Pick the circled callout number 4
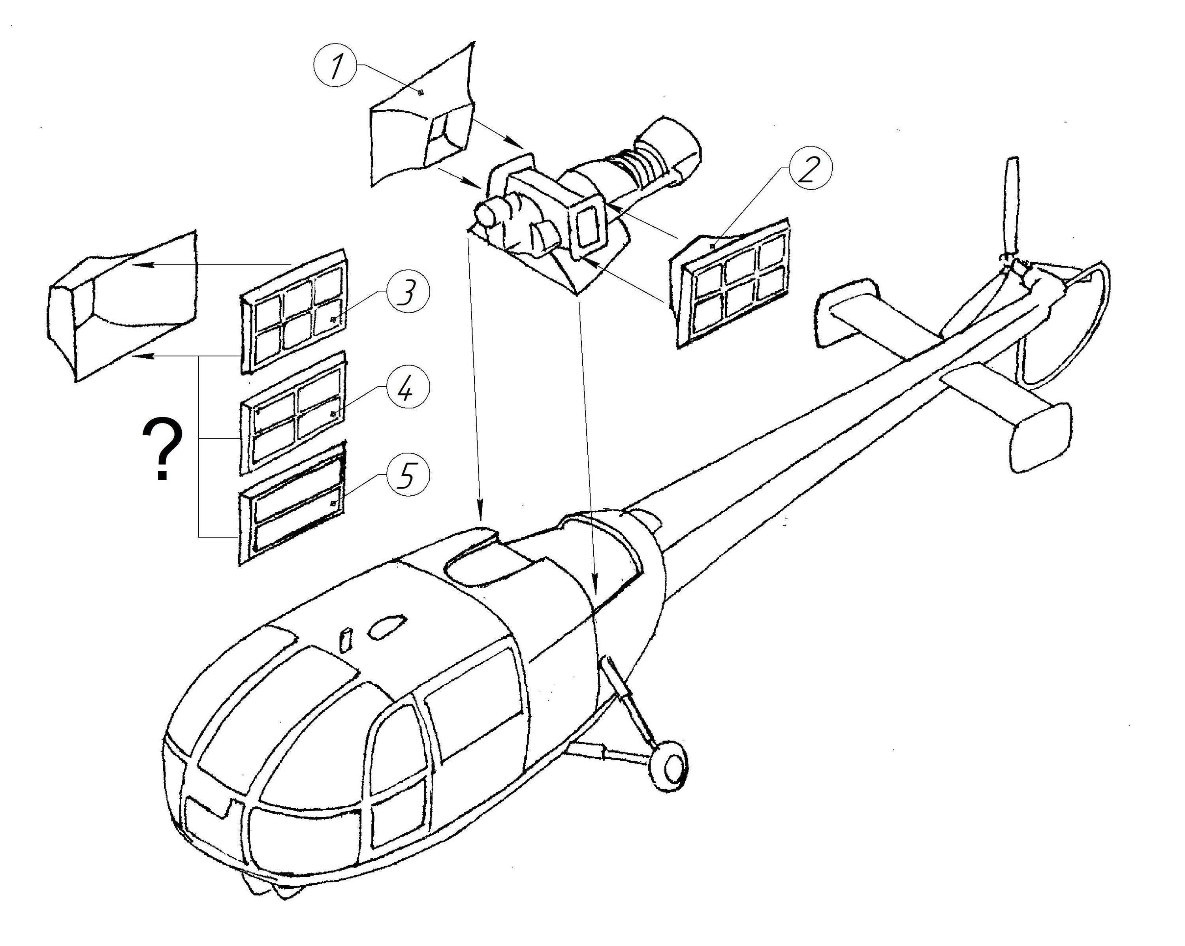[407, 387]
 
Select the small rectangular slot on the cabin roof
[346, 640]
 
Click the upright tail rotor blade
[1010, 209]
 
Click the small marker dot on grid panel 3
[333, 320]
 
